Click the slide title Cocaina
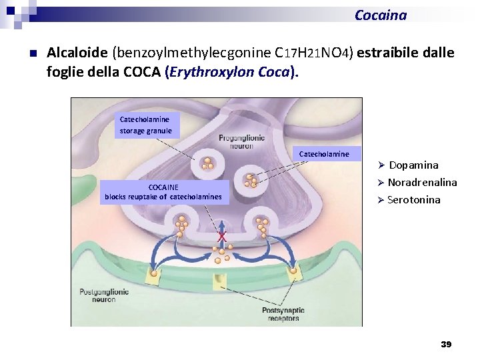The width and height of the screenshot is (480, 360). (380, 15)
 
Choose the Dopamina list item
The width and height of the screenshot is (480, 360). (413, 165)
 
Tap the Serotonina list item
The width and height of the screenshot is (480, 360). (413, 199)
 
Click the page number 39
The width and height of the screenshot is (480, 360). (446, 344)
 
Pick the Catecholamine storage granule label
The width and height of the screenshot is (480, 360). (145, 125)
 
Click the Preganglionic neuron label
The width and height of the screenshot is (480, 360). (241, 141)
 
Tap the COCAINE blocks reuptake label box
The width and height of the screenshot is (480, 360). (163, 192)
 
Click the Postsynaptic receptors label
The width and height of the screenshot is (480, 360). (283, 314)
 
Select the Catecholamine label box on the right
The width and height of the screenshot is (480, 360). (324, 154)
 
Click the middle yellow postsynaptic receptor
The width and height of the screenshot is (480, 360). (220, 281)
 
